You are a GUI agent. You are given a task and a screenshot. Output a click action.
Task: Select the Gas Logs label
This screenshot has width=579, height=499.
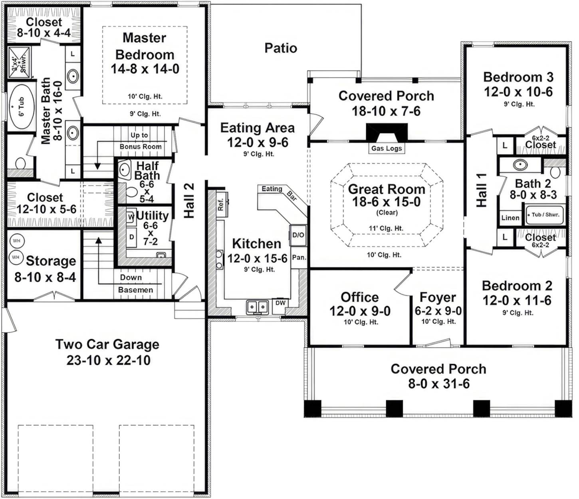pyautogui.click(x=386, y=148)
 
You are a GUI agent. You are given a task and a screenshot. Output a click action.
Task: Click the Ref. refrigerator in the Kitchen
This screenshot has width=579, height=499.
pyautogui.click(x=222, y=205)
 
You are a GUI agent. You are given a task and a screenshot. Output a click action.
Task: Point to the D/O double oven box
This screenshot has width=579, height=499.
pyautogui.click(x=298, y=235)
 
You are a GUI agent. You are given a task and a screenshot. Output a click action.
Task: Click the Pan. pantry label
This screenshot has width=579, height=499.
pyautogui.click(x=299, y=257)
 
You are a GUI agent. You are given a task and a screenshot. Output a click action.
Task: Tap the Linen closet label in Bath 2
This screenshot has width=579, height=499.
pyautogui.click(x=510, y=218)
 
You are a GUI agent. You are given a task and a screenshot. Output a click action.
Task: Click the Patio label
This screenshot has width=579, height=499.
pyautogui.click(x=281, y=48)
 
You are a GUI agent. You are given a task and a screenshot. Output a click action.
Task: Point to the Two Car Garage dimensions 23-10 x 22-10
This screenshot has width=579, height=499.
pyautogui.click(x=108, y=360)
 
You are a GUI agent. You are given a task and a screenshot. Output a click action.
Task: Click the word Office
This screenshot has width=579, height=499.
pyautogui.click(x=359, y=297)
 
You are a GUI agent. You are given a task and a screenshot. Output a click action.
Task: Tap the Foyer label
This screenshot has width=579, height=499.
pyautogui.click(x=438, y=297)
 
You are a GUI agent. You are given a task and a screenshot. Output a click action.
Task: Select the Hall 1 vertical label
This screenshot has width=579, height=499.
pyautogui.click(x=482, y=190)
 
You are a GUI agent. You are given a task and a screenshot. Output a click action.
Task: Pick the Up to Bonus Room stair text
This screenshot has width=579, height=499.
pyautogui.click(x=140, y=141)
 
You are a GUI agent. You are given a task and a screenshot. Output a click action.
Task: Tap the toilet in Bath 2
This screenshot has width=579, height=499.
pyautogui.click(x=555, y=172)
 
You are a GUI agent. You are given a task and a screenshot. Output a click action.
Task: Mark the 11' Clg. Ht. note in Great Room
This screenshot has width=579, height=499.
pyautogui.click(x=386, y=229)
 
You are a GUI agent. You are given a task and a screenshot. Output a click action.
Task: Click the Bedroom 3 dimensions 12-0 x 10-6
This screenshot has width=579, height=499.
pyautogui.click(x=518, y=92)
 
